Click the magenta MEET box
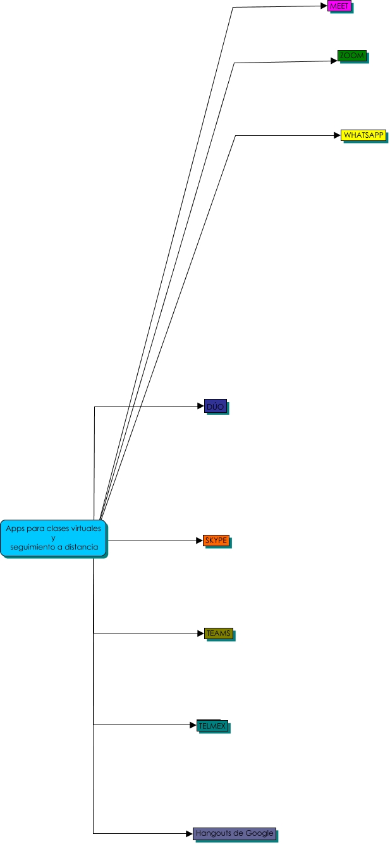pyautogui.click(x=338, y=6)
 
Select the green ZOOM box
pyautogui.click(x=351, y=56)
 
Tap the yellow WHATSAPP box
pyautogui.click(x=363, y=135)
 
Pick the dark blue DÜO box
pyautogui.click(x=215, y=407)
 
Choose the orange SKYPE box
pyautogui.click(x=216, y=541)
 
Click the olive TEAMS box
pyautogui.click(x=218, y=633)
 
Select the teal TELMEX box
pyautogui.click(x=212, y=726)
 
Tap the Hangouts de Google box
pyautogui.click(x=234, y=833)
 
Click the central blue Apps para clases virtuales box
pyautogui.click(x=52, y=537)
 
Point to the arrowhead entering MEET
pyautogui.click(x=324, y=6)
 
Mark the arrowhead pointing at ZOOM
pyautogui.click(x=334, y=61)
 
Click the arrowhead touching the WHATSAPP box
pyautogui.click(x=337, y=135)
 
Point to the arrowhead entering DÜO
pyautogui.click(x=200, y=407)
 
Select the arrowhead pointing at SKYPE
pyautogui.click(x=199, y=541)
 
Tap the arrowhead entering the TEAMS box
pyautogui.click(x=200, y=633)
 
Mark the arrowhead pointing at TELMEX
pyautogui.click(x=193, y=725)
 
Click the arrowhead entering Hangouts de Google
pyautogui.click(x=189, y=833)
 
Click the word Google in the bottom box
pyautogui.click(x=260, y=833)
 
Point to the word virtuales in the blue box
pyautogui.click(x=85, y=528)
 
